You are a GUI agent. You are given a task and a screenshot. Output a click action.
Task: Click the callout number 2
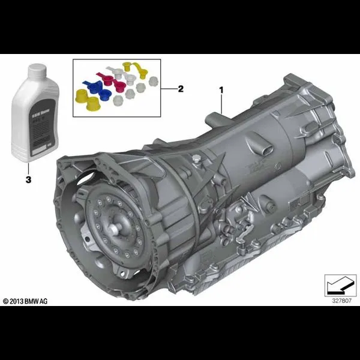(x=181, y=88)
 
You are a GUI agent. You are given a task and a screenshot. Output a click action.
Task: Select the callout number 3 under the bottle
(x=26, y=179)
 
